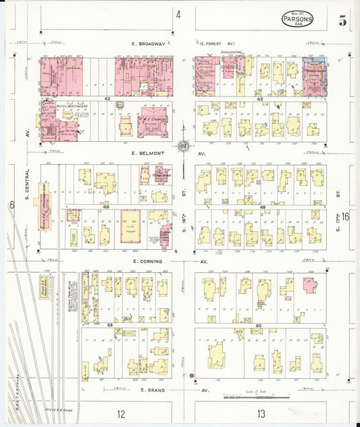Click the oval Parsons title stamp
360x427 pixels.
click(297, 19)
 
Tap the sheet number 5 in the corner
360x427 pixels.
click(343, 21)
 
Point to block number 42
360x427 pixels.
click(107, 99)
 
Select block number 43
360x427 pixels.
click(259, 99)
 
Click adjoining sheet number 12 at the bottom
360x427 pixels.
click(120, 413)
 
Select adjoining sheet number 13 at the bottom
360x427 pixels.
click(260, 413)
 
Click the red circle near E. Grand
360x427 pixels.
click(192, 375)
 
